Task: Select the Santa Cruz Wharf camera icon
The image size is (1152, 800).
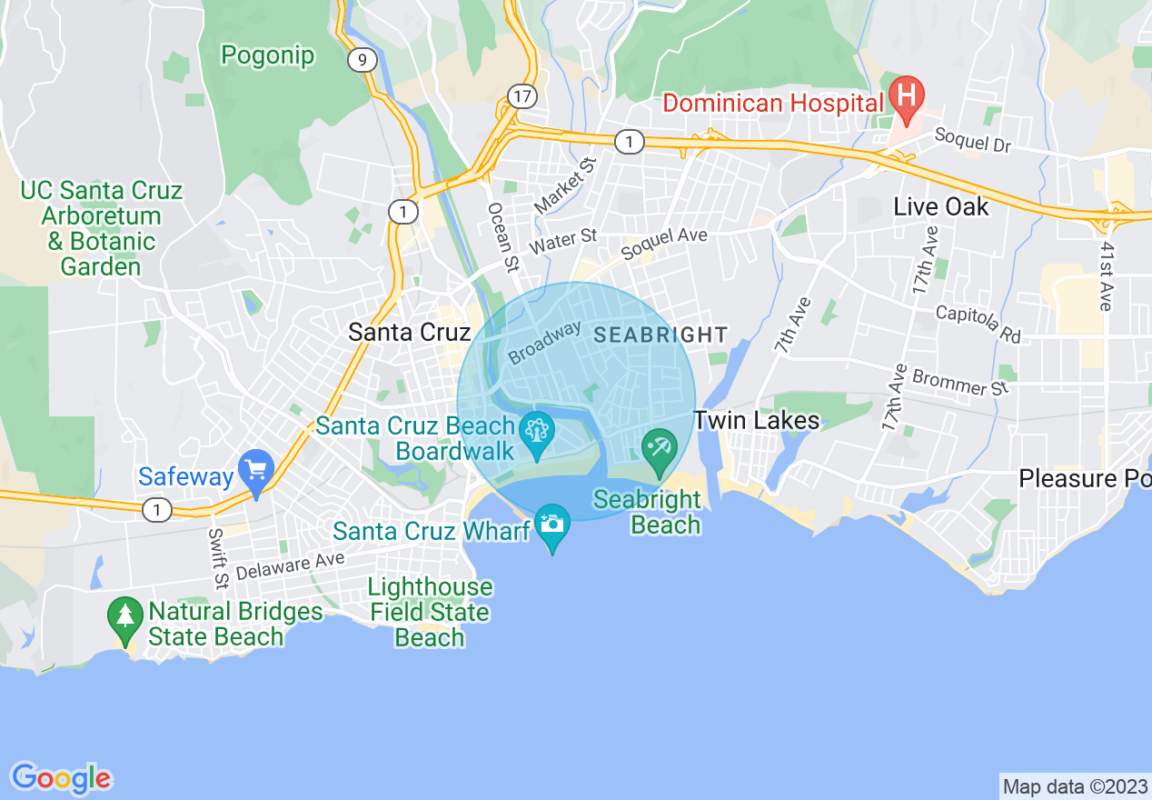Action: click(x=551, y=525)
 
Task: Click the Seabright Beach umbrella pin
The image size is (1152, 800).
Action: click(x=659, y=448)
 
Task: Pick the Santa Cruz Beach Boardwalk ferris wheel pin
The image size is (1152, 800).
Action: click(x=536, y=430)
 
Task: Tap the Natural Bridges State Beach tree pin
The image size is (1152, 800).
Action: click(x=125, y=615)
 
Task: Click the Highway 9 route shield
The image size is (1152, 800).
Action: click(x=362, y=60)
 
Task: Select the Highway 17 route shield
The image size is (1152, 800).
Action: click(x=521, y=95)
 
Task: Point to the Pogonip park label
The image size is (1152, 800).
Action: click(x=268, y=55)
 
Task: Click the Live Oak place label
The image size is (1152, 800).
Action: click(x=940, y=206)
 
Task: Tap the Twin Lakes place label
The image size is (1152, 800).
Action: click(x=757, y=420)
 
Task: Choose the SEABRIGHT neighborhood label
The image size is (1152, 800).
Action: click(x=660, y=335)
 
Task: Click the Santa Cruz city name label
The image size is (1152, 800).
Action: click(x=410, y=332)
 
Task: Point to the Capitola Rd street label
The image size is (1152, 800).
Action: click(x=978, y=325)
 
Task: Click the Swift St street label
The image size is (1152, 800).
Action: click(x=218, y=558)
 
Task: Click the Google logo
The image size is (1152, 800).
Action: click(x=61, y=778)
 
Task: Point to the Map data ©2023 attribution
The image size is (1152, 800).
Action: click(x=1075, y=786)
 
